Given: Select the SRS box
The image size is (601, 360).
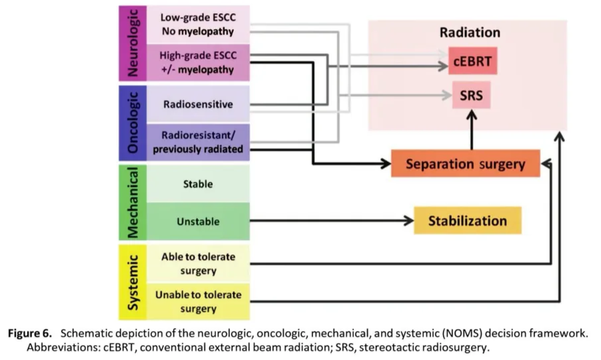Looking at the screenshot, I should coord(470,95).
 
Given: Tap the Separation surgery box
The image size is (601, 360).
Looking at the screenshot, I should coord(464,163).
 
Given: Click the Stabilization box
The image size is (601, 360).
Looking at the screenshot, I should coord(467,221).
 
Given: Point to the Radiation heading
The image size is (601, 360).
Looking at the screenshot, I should coord(470,32).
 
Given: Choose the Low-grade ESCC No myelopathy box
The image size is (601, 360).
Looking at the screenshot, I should coord(197,25).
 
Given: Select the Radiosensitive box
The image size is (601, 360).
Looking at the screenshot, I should coord(197,104).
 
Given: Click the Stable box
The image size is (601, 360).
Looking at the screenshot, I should coord(197,184).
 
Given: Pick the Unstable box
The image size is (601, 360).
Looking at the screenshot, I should coord(197,221).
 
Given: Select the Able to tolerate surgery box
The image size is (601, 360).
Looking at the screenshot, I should coord(197,263).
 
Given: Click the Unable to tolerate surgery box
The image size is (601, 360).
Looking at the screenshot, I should coord(197,301).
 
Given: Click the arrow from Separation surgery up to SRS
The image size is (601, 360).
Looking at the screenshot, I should coord(471,130).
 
